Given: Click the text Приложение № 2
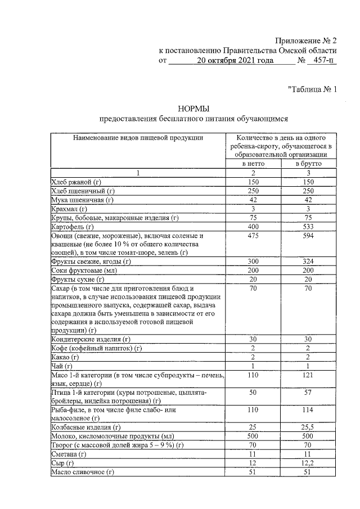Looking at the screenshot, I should [305, 41].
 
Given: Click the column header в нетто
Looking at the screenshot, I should [253, 164].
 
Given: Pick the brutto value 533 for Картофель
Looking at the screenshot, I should [308, 227].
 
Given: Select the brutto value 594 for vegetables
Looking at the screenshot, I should [308, 236].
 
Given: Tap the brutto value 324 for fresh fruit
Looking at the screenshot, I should [308, 262].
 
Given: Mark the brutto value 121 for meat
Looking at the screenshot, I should [308, 375].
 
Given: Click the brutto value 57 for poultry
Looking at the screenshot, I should [308, 392].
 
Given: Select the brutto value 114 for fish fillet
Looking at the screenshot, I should [308, 410].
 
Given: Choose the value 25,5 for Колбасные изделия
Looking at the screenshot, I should [308, 428].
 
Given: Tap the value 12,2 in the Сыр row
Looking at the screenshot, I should [308, 463].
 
